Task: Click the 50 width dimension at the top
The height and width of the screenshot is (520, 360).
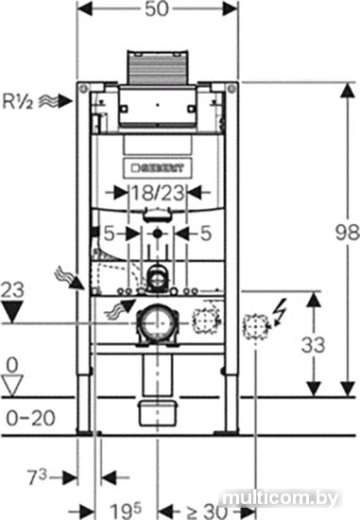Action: point(157,9)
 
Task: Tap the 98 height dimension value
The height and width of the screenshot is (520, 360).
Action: point(347,233)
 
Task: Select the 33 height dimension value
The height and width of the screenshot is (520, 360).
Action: point(313,345)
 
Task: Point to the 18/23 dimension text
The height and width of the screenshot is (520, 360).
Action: point(158,193)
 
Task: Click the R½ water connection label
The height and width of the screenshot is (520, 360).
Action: point(18,101)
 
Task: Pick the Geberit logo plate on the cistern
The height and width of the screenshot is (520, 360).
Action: point(158,168)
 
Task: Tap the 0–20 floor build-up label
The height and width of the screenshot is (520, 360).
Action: point(31,418)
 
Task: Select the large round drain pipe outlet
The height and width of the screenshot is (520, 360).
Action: point(158,323)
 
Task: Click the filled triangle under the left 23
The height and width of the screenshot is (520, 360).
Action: point(12,311)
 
